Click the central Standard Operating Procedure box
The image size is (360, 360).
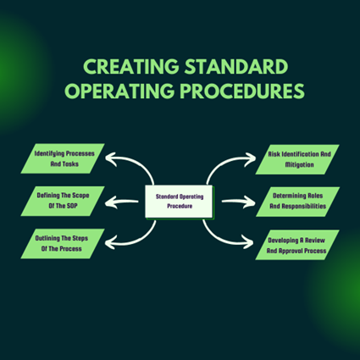click(180, 201)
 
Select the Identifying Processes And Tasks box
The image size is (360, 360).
click(64, 158)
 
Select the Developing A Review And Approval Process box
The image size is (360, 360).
click(296, 243)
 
